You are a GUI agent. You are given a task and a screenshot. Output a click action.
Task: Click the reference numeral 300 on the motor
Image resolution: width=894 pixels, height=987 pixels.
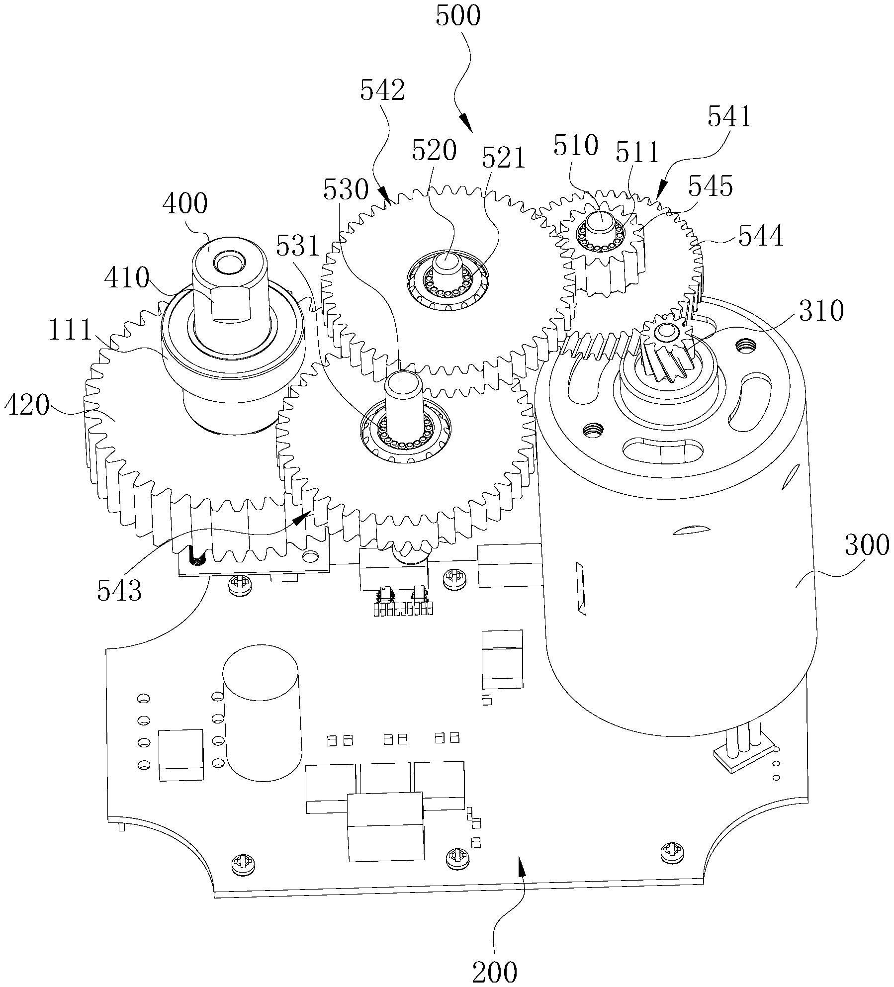point(867,545)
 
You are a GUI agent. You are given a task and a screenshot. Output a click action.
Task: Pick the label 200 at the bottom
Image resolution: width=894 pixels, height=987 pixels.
point(495,971)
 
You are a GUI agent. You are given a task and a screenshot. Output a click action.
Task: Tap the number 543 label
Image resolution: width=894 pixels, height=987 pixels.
point(119,590)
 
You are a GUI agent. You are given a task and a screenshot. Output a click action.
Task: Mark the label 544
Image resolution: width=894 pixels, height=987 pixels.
point(760,236)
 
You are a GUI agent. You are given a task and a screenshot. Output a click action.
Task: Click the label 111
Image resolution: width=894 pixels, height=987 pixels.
point(70,330)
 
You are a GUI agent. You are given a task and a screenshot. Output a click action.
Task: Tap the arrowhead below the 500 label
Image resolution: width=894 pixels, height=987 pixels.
point(466,123)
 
